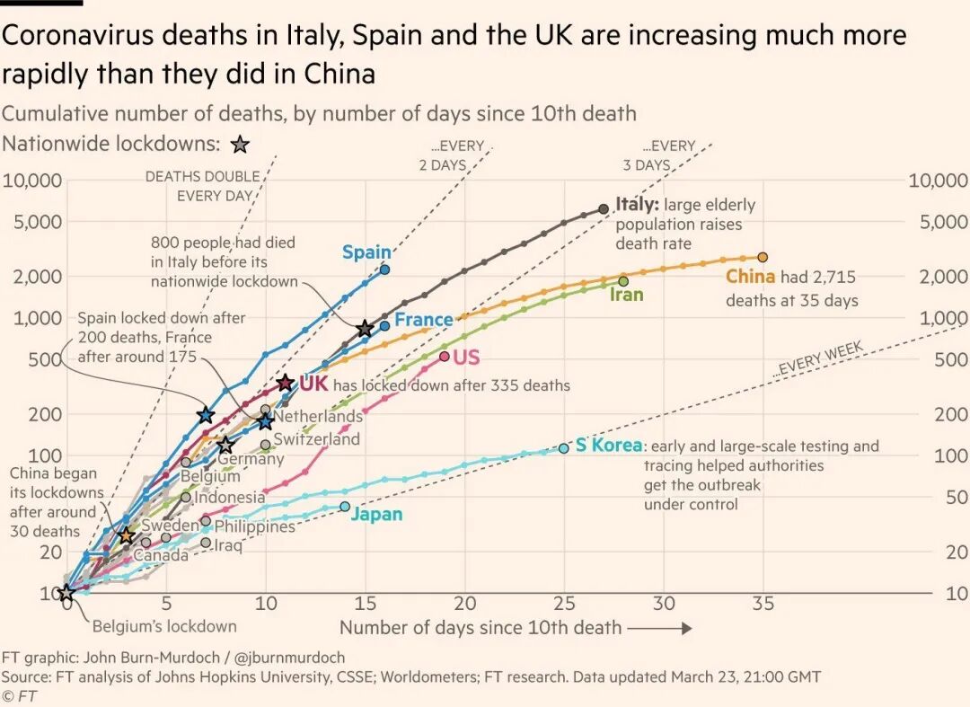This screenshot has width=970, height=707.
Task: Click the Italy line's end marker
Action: (x=604, y=208)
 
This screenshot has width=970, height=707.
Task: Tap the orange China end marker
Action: (x=763, y=258)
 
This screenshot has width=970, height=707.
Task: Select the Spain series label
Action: (x=366, y=252)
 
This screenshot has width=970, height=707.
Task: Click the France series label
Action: (x=424, y=320)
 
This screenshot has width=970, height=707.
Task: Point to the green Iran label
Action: (x=627, y=294)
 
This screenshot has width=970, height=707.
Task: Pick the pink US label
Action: (x=466, y=358)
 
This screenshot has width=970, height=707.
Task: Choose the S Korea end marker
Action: (x=564, y=447)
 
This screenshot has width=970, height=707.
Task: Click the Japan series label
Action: (x=377, y=515)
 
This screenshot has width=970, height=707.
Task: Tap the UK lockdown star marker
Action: (x=285, y=384)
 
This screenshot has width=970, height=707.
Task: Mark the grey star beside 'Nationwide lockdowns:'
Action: (x=240, y=145)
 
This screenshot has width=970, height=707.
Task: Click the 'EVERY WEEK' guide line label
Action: (x=818, y=358)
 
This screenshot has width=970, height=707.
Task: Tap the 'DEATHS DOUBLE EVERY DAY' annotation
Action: (x=202, y=186)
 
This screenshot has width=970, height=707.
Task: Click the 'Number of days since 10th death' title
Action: (x=481, y=627)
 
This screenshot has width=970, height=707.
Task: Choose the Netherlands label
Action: (x=318, y=417)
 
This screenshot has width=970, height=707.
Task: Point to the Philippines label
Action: (x=255, y=526)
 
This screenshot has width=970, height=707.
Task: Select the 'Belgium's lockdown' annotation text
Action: (x=164, y=626)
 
